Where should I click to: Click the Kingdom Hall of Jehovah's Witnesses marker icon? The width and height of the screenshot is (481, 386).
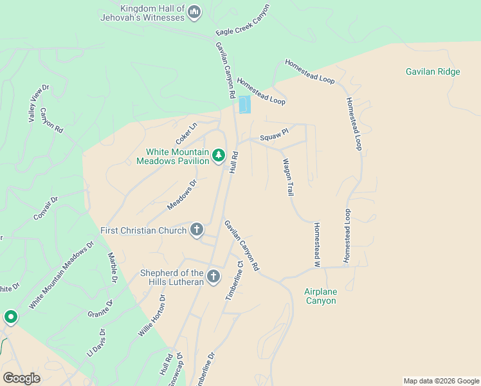(194, 12)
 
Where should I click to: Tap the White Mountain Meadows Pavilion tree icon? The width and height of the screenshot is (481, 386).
(219, 155)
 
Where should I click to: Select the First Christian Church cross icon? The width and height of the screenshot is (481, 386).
(197, 230)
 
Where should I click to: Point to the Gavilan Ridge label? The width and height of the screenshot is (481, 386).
(433, 71)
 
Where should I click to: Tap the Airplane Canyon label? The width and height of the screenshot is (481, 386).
(320, 296)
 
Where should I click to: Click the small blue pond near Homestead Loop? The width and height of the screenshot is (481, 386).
(244, 104)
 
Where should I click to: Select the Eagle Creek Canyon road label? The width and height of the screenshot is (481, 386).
(243, 21)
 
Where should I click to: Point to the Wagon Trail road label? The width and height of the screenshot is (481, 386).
(289, 178)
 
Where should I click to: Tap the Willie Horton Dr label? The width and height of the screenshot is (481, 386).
(152, 316)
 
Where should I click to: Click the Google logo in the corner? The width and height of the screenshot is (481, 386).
(21, 378)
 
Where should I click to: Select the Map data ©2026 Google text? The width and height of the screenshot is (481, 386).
(441, 381)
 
